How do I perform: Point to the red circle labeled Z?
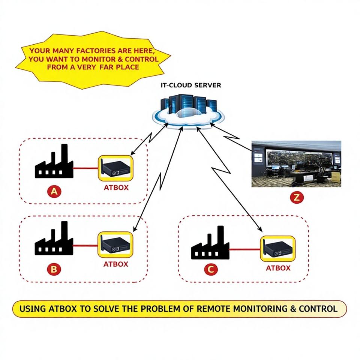[x=296, y=198]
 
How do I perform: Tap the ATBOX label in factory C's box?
[x=278, y=268]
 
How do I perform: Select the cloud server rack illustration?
[x=189, y=109]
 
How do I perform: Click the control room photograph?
[x=296, y=163]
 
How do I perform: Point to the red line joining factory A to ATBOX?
[x=85, y=168]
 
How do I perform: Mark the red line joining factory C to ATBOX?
[x=244, y=249]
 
